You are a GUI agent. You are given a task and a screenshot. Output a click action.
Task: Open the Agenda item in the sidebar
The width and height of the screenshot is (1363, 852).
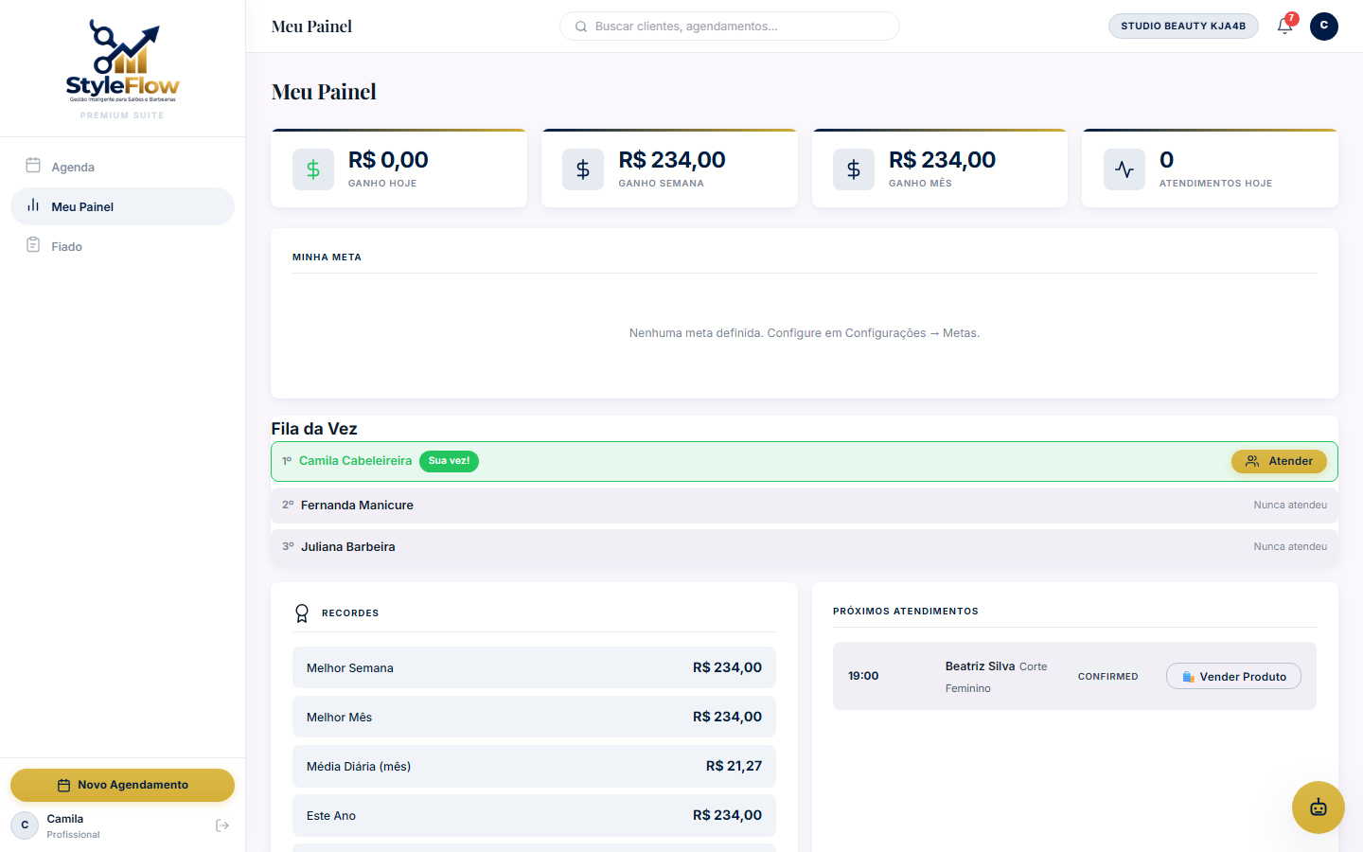[x=72, y=167]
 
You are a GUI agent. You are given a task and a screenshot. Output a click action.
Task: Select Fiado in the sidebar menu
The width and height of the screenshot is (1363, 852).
[x=66, y=246]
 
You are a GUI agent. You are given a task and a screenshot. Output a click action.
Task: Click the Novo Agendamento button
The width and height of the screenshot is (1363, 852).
[x=122, y=785]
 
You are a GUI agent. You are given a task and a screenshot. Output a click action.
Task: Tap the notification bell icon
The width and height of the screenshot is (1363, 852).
[x=1283, y=27]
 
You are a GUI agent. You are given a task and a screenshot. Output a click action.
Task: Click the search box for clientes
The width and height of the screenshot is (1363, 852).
[x=729, y=27]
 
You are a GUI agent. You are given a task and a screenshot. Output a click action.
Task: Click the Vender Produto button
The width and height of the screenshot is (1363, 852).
[x=1233, y=676]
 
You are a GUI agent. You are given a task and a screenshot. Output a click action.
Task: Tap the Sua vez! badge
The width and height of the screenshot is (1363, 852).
[x=449, y=461]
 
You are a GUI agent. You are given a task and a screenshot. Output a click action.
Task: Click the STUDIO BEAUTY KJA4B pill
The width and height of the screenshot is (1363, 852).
[x=1183, y=27]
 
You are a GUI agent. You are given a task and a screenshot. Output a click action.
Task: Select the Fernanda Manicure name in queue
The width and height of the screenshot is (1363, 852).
[x=357, y=506]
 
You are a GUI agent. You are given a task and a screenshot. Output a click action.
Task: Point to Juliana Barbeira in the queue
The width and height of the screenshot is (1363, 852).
[x=348, y=546]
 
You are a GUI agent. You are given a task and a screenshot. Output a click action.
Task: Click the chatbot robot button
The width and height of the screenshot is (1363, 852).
[x=1318, y=808]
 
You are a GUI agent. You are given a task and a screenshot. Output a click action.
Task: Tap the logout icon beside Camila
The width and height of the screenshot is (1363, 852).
[x=222, y=825]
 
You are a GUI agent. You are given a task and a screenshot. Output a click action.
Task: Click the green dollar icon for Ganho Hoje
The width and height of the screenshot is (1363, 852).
[x=312, y=169]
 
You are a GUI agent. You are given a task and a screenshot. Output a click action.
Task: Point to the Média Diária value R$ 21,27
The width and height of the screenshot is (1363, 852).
[x=734, y=766]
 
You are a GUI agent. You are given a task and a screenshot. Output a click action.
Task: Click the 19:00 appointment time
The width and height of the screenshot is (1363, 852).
[x=863, y=676]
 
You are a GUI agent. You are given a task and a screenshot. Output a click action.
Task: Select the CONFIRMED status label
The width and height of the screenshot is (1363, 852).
[x=1108, y=677]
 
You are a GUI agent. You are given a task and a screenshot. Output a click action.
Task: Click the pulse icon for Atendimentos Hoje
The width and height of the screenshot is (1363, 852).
[x=1124, y=169]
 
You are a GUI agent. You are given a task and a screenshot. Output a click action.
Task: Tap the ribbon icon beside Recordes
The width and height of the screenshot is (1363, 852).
[x=302, y=612]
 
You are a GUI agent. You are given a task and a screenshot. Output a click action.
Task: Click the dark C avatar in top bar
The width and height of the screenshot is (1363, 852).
[x=1323, y=27]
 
